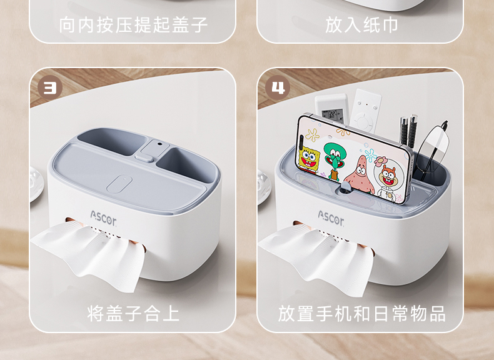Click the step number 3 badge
pos(49,88)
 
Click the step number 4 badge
pos(278,88)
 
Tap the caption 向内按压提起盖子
pos(133,25)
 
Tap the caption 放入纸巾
pos(361,25)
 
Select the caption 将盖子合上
pos(133,312)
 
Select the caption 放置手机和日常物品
pos(362,312)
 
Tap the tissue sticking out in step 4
pos(316,256)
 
